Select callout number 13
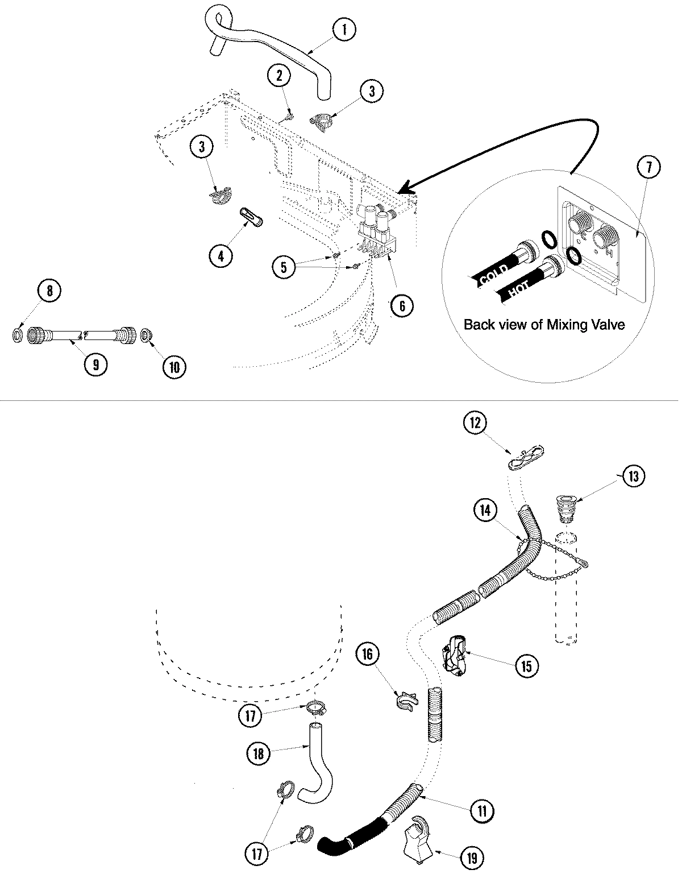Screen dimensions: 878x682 pos(634,475)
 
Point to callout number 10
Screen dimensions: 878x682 pos(174,367)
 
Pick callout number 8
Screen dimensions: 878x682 pos(49,291)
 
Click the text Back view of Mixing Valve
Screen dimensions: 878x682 pos(544,325)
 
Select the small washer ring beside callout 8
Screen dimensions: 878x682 pos(17,335)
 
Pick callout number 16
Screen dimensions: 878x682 pos(368,655)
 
